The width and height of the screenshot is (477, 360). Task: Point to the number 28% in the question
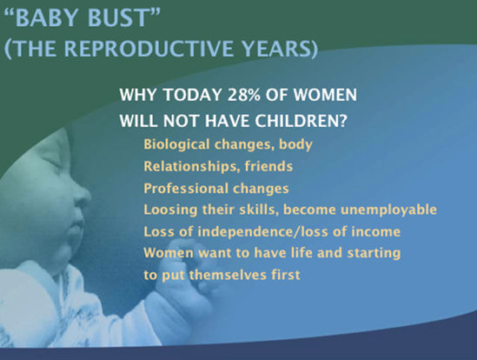tap(243, 95)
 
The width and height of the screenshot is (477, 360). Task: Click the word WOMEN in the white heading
tap(325, 95)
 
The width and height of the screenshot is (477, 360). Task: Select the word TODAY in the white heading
tap(192, 95)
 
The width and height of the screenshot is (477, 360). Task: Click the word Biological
tap(176, 144)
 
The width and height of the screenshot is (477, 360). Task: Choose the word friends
tap(268, 166)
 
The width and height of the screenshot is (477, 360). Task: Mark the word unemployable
tap(388, 210)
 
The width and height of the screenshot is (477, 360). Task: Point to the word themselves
tap(228, 275)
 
